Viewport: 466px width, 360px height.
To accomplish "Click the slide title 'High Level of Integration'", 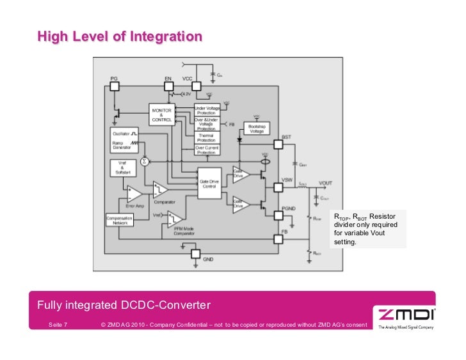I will (x=120, y=36).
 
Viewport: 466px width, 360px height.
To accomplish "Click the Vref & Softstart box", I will (x=122, y=169).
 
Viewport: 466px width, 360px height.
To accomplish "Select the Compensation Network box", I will (x=119, y=219).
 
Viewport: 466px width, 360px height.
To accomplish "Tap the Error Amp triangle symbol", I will (x=134, y=192).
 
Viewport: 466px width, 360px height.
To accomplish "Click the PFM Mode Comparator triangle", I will (x=177, y=219).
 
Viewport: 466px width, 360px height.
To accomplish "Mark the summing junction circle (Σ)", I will (x=144, y=161).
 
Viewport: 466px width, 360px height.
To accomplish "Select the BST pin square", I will (x=278, y=145).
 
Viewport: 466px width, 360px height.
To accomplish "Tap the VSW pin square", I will (x=278, y=187).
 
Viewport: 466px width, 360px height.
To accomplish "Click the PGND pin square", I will (x=278, y=215).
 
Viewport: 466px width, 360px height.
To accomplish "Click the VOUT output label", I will (x=325, y=184).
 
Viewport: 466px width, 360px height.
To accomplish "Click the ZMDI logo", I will (x=407, y=315).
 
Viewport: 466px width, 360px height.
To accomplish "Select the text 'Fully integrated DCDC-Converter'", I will (x=124, y=303).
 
